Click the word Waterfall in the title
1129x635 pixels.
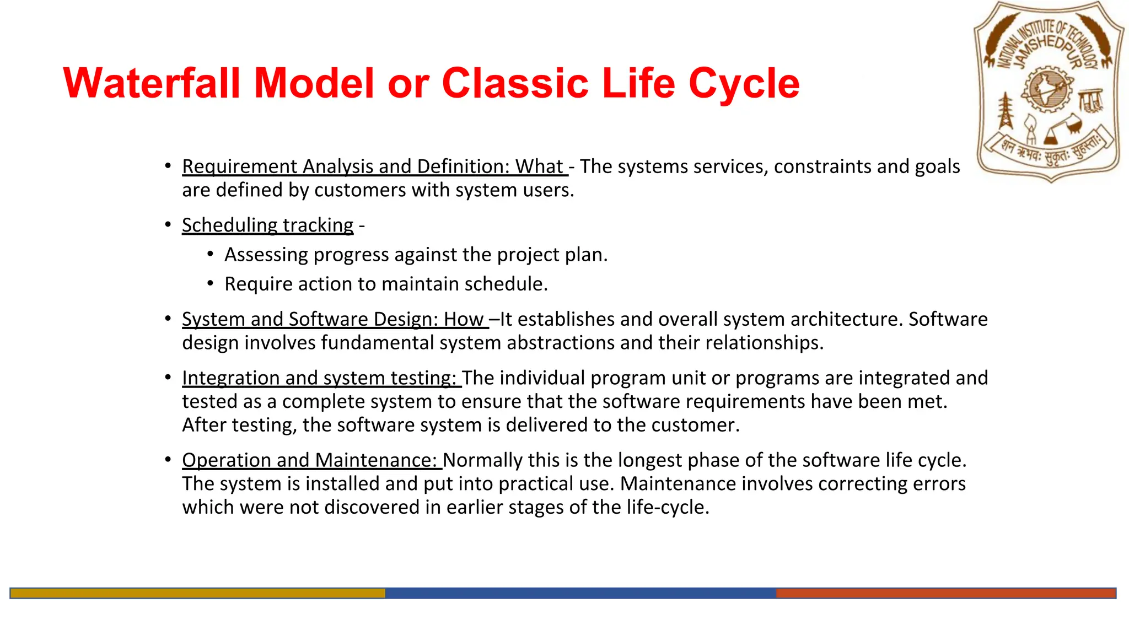tap(152, 84)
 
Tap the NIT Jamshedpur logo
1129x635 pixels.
tap(1049, 91)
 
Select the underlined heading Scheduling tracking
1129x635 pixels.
tap(267, 225)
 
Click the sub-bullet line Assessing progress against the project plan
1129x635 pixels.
tap(416, 255)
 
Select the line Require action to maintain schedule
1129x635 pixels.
tap(386, 284)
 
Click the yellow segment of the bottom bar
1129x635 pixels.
tap(197, 593)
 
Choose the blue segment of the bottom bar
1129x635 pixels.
tap(580, 593)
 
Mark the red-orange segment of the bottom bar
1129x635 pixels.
tap(945, 593)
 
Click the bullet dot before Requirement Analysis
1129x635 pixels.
tap(168, 165)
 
